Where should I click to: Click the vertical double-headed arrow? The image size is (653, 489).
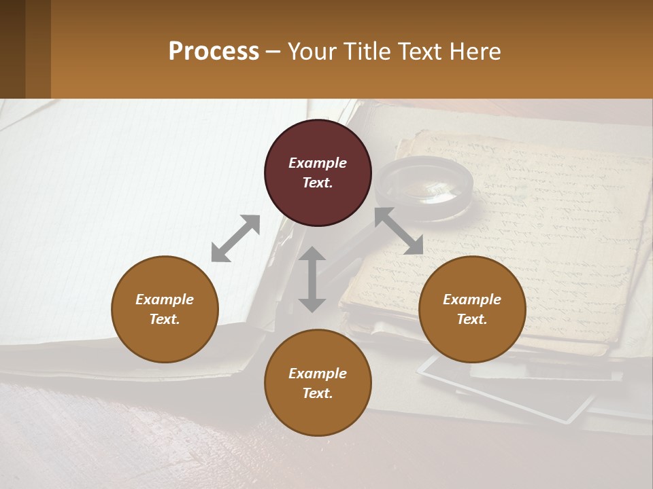tap(312, 279)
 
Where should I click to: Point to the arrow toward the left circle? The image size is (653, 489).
tap(235, 238)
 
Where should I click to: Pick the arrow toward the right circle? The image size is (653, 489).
tap(399, 231)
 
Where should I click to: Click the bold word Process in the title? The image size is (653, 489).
tap(214, 51)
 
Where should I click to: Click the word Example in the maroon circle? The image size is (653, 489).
tap(318, 163)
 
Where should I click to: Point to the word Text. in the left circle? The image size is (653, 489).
tap(165, 319)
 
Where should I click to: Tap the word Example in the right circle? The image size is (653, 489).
tap(472, 300)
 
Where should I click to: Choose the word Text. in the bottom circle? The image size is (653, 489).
tap(318, 393)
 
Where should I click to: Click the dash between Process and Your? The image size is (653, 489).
tap(273, 51)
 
